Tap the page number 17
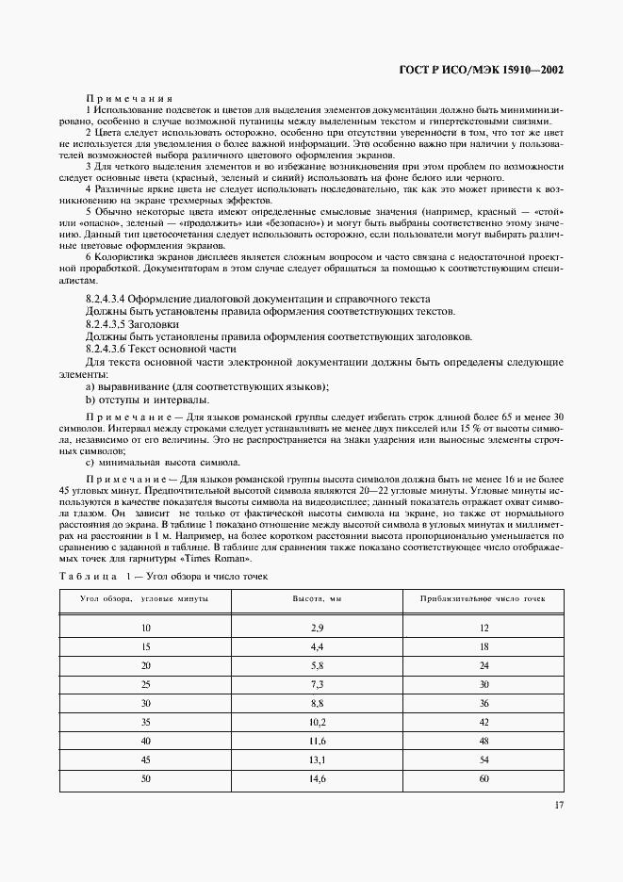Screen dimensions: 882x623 (x=559, y=804)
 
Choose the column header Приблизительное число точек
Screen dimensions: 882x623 (x=483, y=598)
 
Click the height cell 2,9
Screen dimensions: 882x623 (x=318, y=627)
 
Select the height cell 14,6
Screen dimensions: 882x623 (x=318, y=779)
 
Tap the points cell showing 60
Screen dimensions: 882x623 (x=483, y=779)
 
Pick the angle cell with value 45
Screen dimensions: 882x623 (x=145, y=760)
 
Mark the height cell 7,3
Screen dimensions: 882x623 (x=318, y=684)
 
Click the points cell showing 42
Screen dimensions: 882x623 (x=483, y=722)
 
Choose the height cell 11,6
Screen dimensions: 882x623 (x=318, y=742)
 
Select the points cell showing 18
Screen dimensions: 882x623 (x=483, y=645)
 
